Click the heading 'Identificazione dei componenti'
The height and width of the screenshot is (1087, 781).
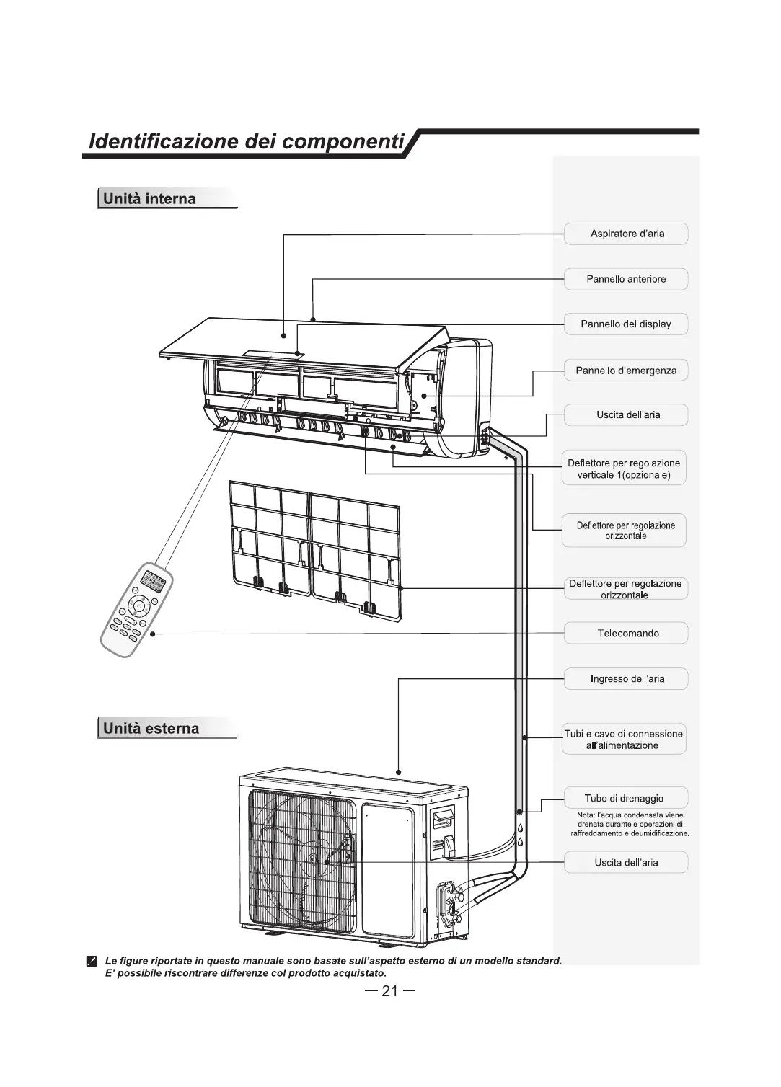[245, 141]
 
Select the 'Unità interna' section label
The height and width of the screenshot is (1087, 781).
[149, 199]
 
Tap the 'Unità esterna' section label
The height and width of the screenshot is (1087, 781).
[151, 728]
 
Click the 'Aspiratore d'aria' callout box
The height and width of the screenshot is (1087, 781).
[626, 234]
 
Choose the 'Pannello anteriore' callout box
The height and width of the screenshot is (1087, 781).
[626, 279]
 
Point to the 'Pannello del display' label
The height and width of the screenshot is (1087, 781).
[626, 324]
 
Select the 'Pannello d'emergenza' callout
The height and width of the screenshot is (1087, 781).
[626, 371]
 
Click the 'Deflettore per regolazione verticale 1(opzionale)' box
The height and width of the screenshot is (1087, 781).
[624, 469]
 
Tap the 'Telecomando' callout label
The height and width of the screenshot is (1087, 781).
[627, 634]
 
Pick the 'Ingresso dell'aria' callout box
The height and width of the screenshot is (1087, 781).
[627, 679]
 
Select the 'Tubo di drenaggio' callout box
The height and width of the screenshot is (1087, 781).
[624, 799]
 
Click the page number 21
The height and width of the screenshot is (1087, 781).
[389, 991]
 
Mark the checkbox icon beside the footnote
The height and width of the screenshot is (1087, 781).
[92, 962]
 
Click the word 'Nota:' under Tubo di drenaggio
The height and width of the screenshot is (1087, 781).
[586, 815]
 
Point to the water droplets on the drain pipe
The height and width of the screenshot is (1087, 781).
[519, 835]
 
